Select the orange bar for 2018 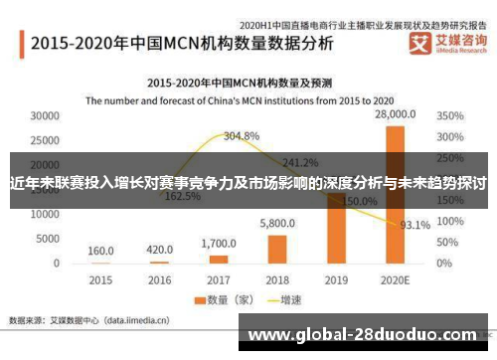[x=277, y=249]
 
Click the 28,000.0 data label [x=395, y=116]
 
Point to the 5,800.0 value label [x=277, y=225]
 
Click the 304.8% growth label [x=242, y=135]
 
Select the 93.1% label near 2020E [x=415, y=225]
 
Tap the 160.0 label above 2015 [x=101, y=251]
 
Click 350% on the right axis [x=450, y=116]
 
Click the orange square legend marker [x=199, y=300]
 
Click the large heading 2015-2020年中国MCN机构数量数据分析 [x=181, y=44]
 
